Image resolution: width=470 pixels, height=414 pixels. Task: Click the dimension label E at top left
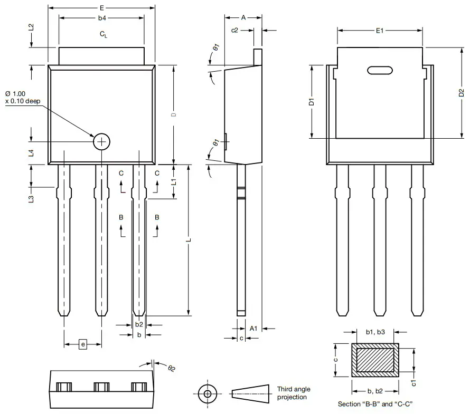(101, 8)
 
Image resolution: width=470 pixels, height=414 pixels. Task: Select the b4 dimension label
(102, 18)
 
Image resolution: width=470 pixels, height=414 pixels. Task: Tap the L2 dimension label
(31, 27)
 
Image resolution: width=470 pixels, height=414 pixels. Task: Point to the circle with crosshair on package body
(101, 141)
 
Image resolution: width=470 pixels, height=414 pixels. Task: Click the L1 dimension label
(174, 181)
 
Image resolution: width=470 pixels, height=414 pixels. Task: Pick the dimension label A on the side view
(243, 17)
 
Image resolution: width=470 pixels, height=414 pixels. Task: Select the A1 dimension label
(253, 328)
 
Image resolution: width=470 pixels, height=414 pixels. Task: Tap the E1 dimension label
(379, 31)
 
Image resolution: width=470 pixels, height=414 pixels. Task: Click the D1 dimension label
(312, 101)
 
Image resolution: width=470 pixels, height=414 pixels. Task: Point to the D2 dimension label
(462, 93)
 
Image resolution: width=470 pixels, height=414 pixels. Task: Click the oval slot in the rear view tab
(379, 70)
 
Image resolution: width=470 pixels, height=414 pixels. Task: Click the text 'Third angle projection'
(292, 393)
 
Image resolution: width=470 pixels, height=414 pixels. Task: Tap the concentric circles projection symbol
(207, 393)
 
